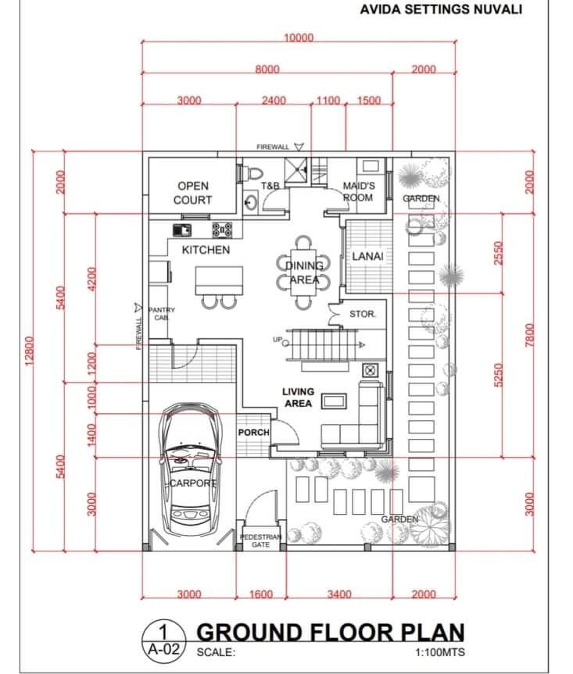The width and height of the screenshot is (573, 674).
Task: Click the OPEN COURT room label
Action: [x=192, y=193]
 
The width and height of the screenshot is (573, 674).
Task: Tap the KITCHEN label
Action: [x=206, y=250]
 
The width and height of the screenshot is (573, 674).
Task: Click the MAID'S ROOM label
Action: [x=359, y=191]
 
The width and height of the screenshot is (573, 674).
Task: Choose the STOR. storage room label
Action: [x=363, y=314]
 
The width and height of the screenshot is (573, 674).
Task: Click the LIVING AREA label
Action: [x=298, y=398]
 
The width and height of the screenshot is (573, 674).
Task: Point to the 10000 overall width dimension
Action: [x=298, y=38]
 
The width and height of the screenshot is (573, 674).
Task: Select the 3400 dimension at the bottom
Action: [x=339, y=594]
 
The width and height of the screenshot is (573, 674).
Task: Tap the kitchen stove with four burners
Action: [x=222, y=230]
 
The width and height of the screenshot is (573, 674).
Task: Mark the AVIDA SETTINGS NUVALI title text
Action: [x=441, y=10]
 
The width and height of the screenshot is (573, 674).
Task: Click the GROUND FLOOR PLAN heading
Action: [x=329, y=632]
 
